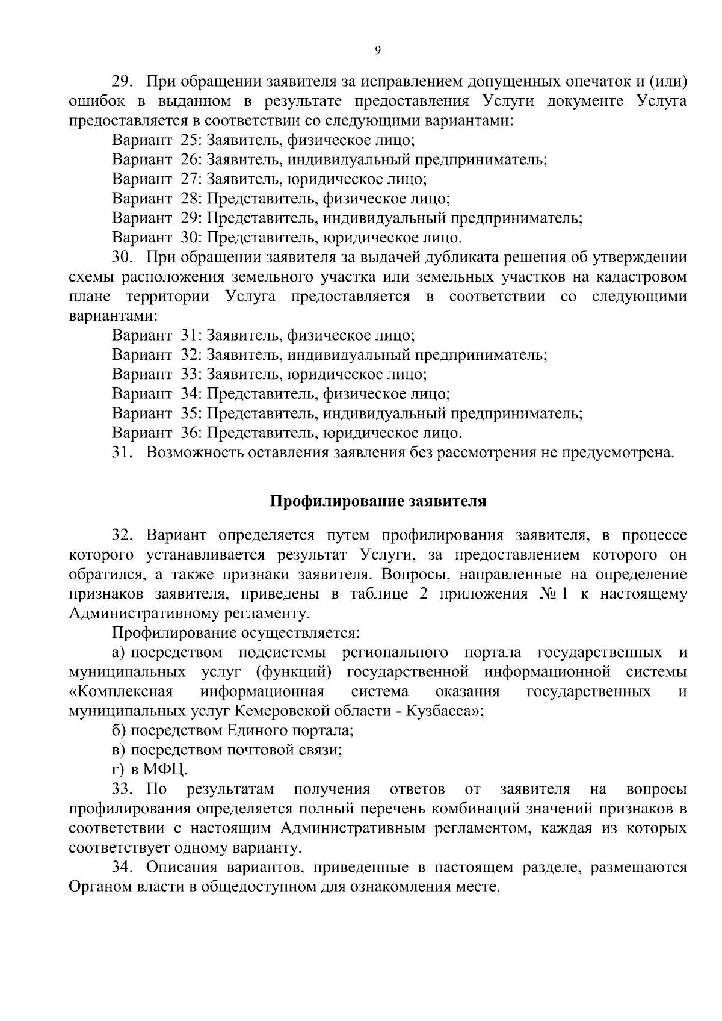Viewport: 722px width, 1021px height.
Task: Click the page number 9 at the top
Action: (377, 51)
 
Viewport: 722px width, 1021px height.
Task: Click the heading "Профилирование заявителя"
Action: (377, 501)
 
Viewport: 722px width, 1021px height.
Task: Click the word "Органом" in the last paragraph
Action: (100, 887)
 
